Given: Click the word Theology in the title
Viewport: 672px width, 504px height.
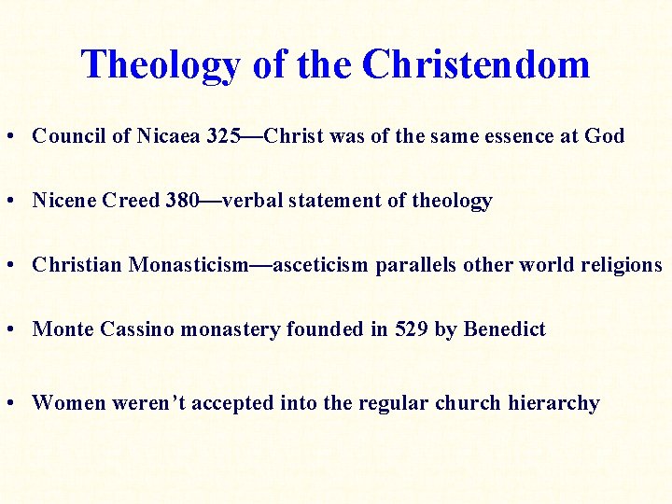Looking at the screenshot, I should [x=160, y=65].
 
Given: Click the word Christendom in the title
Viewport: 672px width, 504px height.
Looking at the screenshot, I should [x=476, y=64].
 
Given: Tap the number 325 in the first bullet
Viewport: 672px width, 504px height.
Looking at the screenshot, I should [x=222, y=136].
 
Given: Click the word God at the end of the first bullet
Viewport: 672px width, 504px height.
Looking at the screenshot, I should [x=604, y=136].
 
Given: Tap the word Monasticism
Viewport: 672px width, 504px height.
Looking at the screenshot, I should [x=188, y=265].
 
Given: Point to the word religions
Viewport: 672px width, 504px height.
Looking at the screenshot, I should [x=622, y=265].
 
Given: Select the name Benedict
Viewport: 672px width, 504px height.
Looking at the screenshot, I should [x=504, y=329].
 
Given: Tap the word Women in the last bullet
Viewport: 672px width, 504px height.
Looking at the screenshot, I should [x=69, y=403].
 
